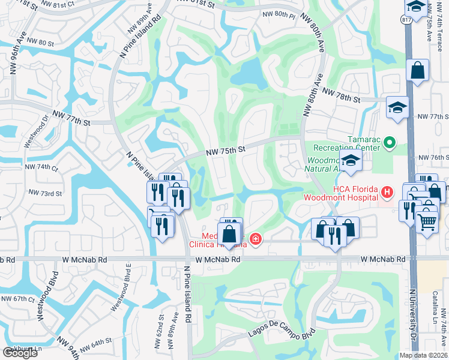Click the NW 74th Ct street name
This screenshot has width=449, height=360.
tap(41, 168)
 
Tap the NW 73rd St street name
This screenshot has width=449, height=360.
tap(46, 193)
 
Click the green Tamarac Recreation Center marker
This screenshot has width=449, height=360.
tap(390, 143)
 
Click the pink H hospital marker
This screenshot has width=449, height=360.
tap(387, 192)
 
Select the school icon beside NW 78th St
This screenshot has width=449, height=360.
tap(397, 107)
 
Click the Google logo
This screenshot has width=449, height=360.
tap(20, 352)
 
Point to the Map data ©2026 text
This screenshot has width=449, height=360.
tap(423, 355)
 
